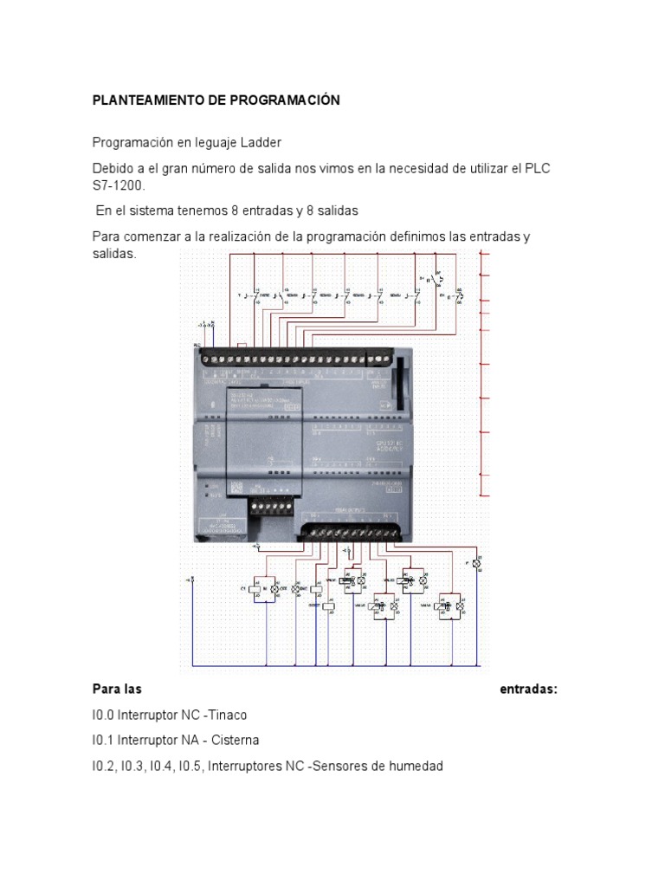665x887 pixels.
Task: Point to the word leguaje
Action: pyautogui.click(x=209, y=142)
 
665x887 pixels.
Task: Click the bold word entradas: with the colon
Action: pyautogui.click(x=529, y=690)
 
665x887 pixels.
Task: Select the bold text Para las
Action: pyautogui.click(x=117, y=690)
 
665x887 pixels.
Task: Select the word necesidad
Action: pyautogui.click(x=412, y=168)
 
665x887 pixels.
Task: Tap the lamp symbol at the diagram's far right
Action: pyautogui.click(x=475, y=564)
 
